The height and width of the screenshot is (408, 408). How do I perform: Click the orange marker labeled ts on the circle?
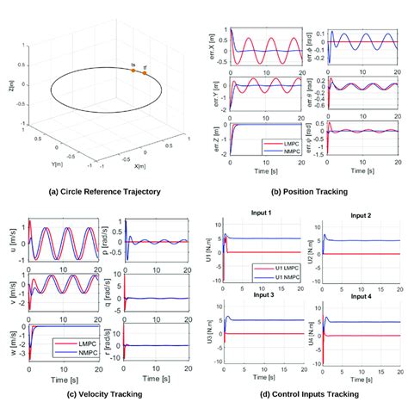point(133,71)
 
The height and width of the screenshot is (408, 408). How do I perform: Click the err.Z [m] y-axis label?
point(209,138)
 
